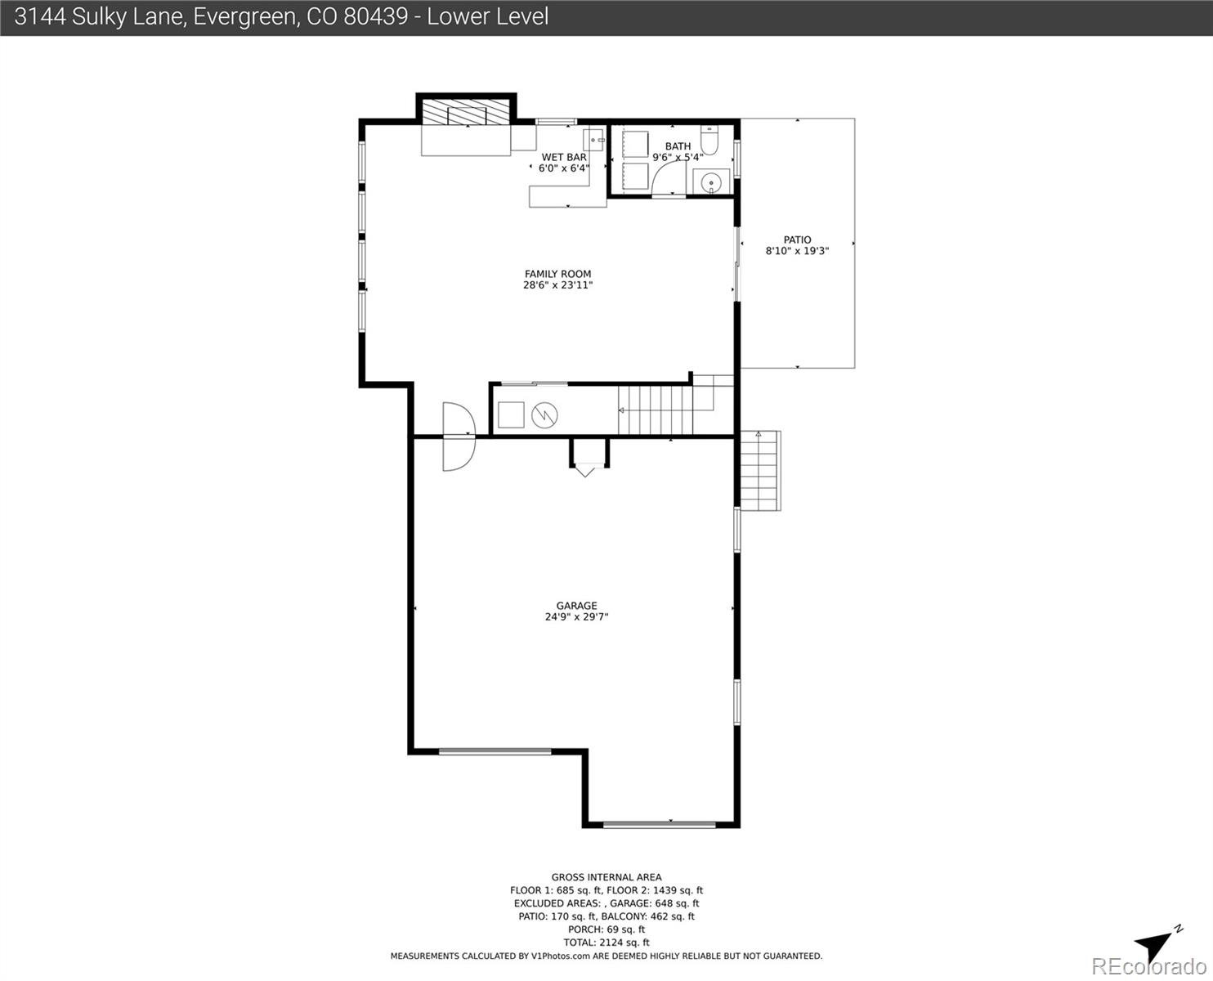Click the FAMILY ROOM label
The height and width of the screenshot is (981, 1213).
(x=557, y=274)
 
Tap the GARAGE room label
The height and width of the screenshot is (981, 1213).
(x=576, y=606)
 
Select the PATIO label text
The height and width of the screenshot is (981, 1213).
(x=797, y=240)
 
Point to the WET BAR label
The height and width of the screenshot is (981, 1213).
(x=564, y=157)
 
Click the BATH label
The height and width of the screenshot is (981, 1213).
(x=678, y=146)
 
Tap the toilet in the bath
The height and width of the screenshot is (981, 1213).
(x=709, y=140)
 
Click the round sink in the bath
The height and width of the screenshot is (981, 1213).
(x=710, y=183)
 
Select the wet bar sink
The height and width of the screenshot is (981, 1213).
(x=593, y=140)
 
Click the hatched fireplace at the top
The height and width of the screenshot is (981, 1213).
(x=467, y=112)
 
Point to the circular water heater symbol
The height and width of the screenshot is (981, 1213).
(x=544, y=415)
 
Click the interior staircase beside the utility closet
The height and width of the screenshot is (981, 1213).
(x=656, y=410)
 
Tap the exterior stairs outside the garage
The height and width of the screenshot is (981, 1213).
(x=759, y=471)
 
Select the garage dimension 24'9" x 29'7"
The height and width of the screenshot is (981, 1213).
(x=576, y=616)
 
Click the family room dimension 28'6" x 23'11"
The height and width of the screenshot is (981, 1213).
(x=557, y=284)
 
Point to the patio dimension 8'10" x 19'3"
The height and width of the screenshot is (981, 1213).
(x=797, y=250)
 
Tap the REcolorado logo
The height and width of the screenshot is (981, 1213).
(x=1148, y=966)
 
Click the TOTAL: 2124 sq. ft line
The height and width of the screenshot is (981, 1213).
(x=606, y=943)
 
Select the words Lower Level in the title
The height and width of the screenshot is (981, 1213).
(x=487, y=16)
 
